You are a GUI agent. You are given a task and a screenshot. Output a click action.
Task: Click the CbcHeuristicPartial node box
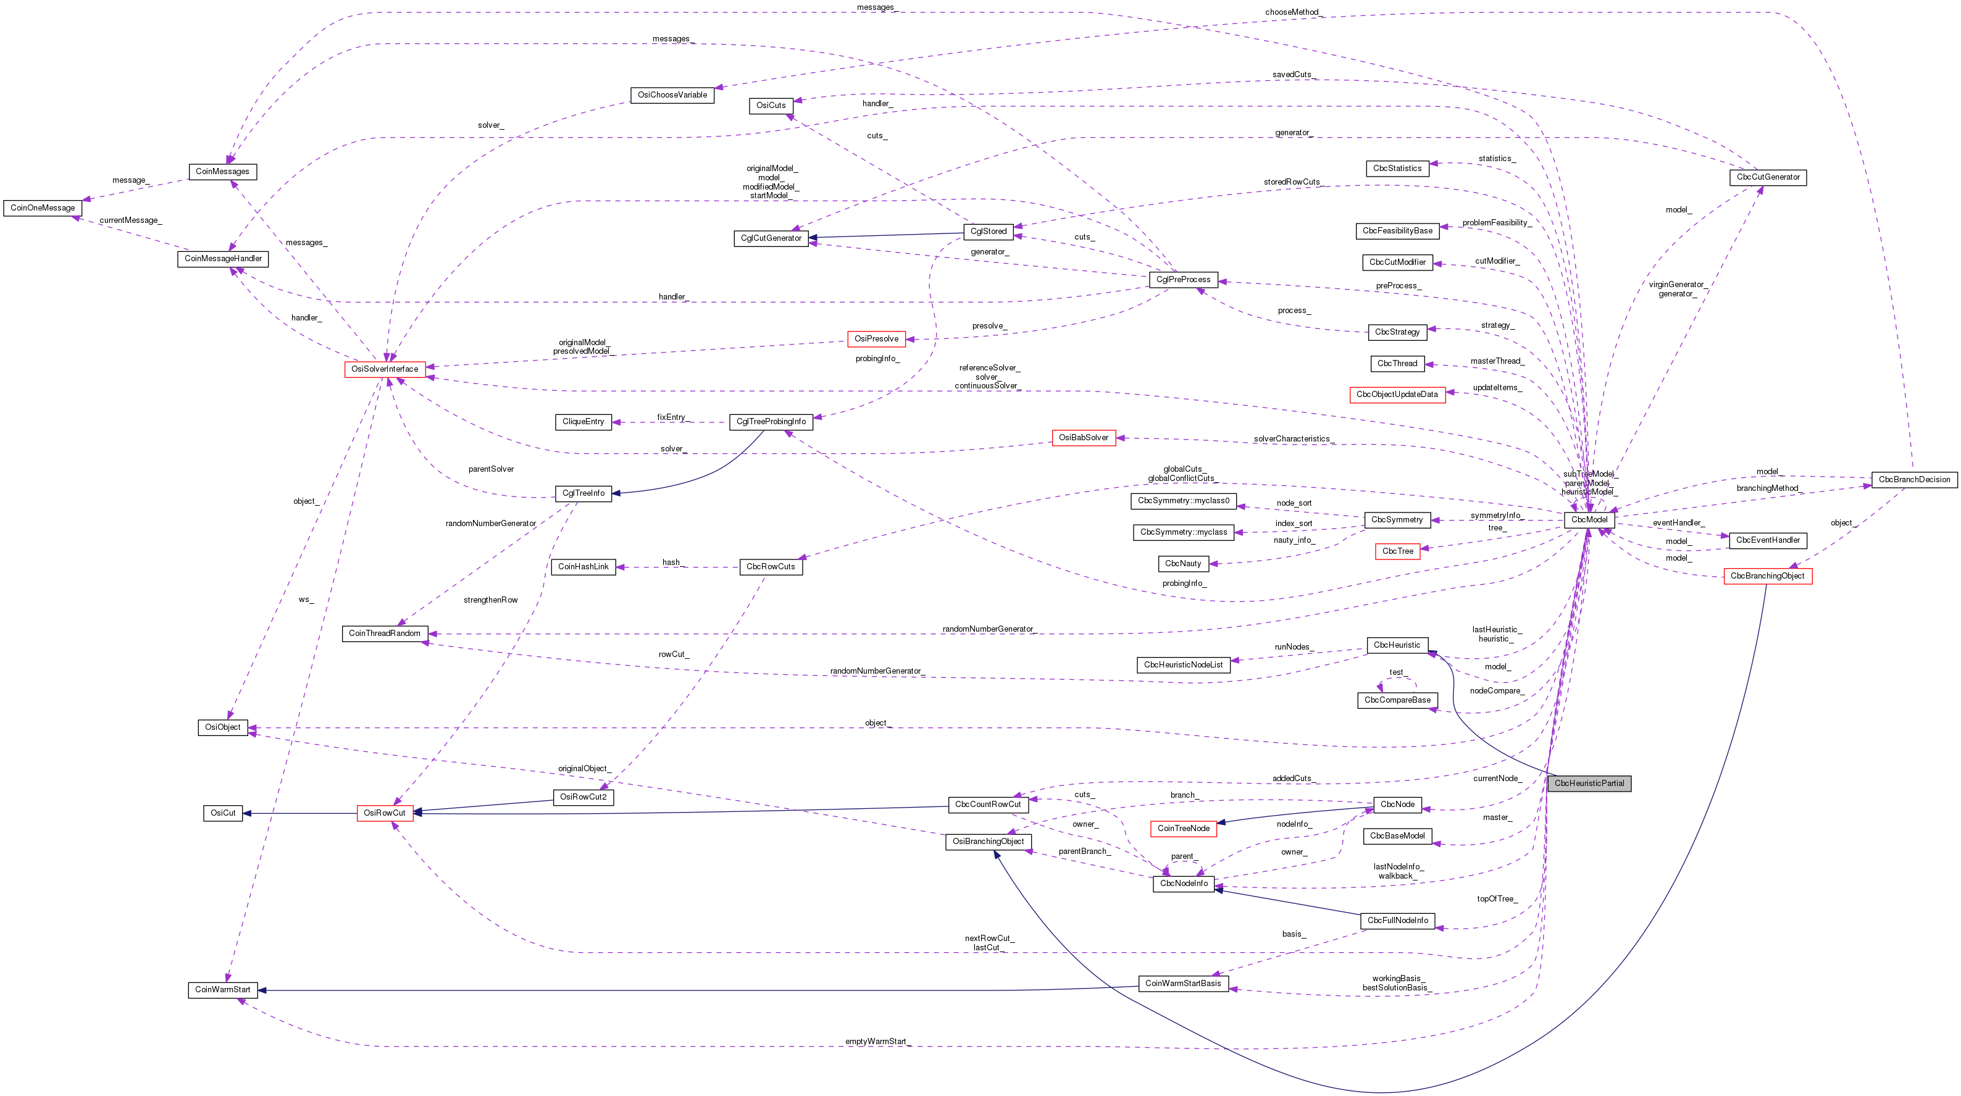coord(1589,783)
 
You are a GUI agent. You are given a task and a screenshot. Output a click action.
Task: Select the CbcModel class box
coord(1589,520)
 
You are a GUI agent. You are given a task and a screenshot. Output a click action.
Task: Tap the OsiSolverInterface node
coord(385,369)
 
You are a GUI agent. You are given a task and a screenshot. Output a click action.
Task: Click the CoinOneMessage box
coord(43,208)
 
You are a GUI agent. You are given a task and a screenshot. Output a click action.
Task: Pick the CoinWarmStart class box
coord(222,989)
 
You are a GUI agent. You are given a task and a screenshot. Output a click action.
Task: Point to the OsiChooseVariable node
coord(672,95)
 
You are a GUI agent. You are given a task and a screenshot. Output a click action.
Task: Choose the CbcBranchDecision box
coord(1914,480)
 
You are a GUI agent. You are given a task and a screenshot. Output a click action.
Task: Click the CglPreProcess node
coord(1183,279)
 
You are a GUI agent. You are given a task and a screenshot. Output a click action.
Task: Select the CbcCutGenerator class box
coord(1768,177)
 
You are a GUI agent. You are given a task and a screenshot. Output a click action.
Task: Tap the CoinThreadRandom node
coord(385,634)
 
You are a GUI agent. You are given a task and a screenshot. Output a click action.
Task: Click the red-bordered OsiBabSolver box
coord(1083,438)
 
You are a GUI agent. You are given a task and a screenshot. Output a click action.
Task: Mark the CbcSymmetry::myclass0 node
coord(1183,501)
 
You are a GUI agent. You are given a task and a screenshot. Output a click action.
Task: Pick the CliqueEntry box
coord(583,422)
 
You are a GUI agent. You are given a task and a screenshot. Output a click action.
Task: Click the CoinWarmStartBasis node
coord(1183,984)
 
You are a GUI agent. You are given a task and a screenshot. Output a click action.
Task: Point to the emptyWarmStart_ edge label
coord(876,1041)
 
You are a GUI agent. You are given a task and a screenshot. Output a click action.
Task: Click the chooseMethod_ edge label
coord(1292,12)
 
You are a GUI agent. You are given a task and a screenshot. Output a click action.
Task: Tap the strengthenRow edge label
coord(490,600)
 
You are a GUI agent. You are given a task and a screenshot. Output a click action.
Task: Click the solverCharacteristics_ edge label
coord(1292,439)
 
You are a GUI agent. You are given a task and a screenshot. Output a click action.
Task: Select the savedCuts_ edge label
coord(1292,75)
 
